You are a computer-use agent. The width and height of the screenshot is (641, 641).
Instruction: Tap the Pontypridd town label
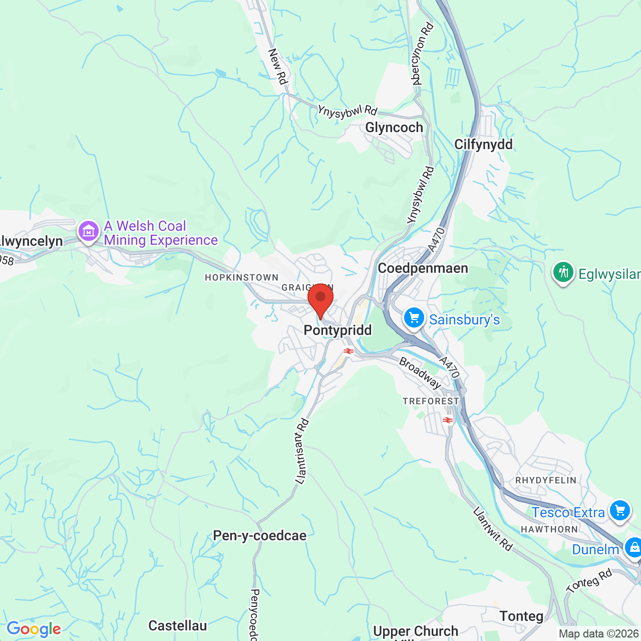(x=338, y=331)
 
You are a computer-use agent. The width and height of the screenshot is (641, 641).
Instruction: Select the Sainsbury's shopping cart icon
(x=414, y=317)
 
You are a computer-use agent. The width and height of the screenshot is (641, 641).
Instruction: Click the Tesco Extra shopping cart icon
(x=620, y=511)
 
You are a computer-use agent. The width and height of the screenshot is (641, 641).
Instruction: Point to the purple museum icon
(x=89, y=231)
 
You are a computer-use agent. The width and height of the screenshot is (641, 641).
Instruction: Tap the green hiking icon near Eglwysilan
(x=563, y=272)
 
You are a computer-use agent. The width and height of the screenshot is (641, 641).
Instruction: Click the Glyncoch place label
(x=394, y=128)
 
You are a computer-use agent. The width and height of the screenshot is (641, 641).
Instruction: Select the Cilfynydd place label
(x=483, y=145)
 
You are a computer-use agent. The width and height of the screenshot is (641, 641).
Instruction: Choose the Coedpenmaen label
(x=423, y=268)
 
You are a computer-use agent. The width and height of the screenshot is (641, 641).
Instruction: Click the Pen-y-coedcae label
(x=259, y=536)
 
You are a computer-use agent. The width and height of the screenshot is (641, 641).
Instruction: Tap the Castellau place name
(x=178, y=625)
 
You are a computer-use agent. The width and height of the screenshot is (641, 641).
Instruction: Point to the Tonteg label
(x=521, y=616)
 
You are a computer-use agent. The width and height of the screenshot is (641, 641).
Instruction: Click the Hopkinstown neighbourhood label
(x=241, y=277)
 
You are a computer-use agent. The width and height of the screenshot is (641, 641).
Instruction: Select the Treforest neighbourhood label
(x=431, y=401)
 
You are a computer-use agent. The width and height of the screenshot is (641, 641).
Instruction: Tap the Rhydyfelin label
(x=546, y=480)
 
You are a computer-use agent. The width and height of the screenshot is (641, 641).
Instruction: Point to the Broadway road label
(x=420, y=373)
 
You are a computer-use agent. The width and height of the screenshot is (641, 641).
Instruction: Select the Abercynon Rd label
(x=422, y=54)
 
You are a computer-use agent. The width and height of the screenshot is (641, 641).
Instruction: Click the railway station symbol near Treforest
(x=448, y=420)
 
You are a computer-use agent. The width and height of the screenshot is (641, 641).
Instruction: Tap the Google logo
(x=34, y=629)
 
